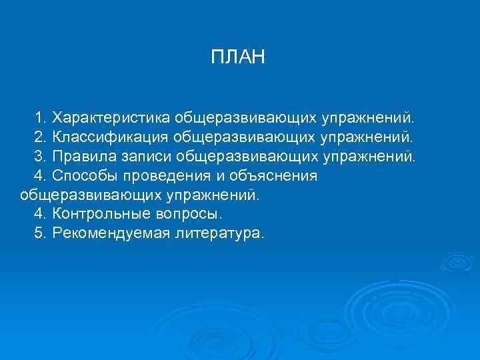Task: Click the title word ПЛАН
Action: [x=238, y=57]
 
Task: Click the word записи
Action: [x=146, y=157]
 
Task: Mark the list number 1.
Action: [x=39, y=119]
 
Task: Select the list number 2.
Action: [x=39, y=138]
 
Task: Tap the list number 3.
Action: [x=39, y=157]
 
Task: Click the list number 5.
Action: [x=39, y=235]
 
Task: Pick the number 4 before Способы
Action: [x=39, y=177]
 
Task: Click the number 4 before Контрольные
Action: [x=39, y=215]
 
